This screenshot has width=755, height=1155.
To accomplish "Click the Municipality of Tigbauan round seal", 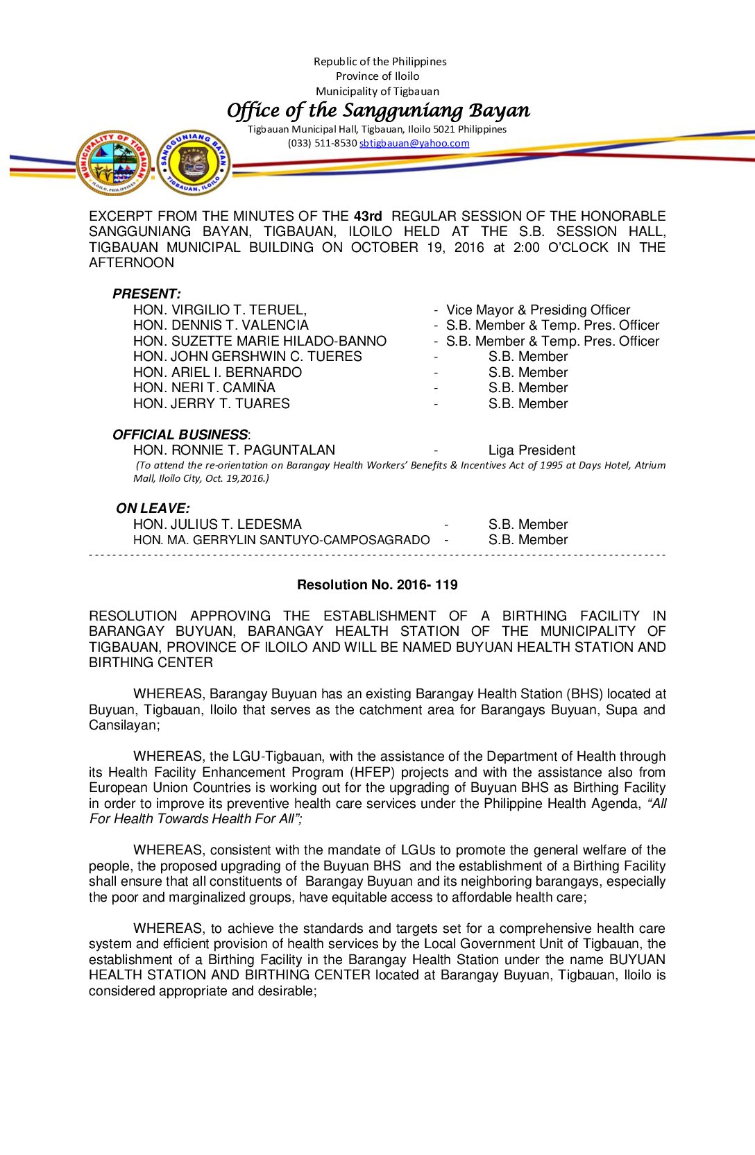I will pyautogui.click(x=114, y=162).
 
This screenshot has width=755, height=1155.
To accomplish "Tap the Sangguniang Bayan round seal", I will pyautogui.click(x=194, y=162).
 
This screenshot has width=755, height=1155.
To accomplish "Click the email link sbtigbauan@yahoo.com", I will pyautogui.click(x=414, y=143).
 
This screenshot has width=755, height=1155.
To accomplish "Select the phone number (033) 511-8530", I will pyautogui.click(x=322, y=143).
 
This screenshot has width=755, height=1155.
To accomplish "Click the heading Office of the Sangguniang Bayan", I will pyautogui.click(x=378, y=110).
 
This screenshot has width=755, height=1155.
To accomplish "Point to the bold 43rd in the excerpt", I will pyautogui.click(x=368, y=216).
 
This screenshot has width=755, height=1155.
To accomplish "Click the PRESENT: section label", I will pyautogui.click(x=146, y=294).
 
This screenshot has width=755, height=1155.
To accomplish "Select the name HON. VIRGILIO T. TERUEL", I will pyautogui.click(x=219, y=310).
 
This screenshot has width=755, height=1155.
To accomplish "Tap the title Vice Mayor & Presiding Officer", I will pyautogui.click(x=538, y=310).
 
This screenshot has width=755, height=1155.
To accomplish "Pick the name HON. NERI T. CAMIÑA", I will pyautogui.click(x=204, y=387).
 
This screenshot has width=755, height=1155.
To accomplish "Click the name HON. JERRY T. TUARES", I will pyautogui.click(x=212, y=403).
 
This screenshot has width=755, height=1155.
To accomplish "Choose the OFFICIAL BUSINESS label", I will pyautogui.click(x=180, y=435).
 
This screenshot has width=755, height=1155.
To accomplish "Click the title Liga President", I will pyautogui.click(x=532, y=450).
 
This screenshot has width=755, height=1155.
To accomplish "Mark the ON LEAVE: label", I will pyautogui.click(x=153, y=508).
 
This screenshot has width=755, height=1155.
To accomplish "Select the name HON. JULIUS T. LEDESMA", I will pyautogui.click(x=217, y=524).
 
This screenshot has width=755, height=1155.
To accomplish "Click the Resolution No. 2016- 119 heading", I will pyautogui.click(x=377, y=584).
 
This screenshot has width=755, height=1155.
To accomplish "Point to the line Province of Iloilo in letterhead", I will pyautogui.click(x=377, y=76).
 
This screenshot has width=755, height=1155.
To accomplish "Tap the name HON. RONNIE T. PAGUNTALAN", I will pyautogui.click(x=234, y=450).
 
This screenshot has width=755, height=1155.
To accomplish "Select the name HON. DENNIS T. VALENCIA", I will pyautogui.click(x=221, y=325).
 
